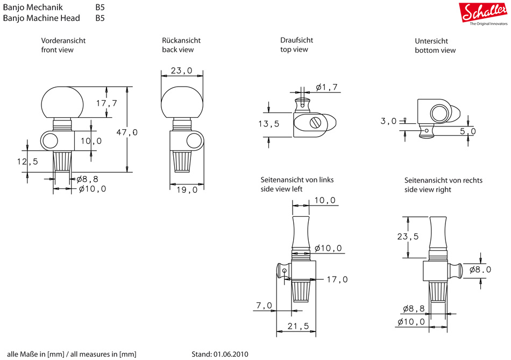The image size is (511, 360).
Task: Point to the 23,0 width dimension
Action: [x=182, y=71]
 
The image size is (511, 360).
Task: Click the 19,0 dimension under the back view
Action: [x=188, y=189]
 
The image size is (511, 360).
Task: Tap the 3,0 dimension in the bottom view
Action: [x=388, y=121]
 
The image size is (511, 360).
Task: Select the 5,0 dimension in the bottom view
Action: [x=468, y=131]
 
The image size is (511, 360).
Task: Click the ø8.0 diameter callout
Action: [x=480, y=270]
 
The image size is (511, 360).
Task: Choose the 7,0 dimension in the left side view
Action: [x=264, y=306]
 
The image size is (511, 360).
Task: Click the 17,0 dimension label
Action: [x=337, y=279]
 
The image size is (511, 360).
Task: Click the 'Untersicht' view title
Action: [x=431, y=41]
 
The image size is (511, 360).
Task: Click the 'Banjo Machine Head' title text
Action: [x=41, y=18]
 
